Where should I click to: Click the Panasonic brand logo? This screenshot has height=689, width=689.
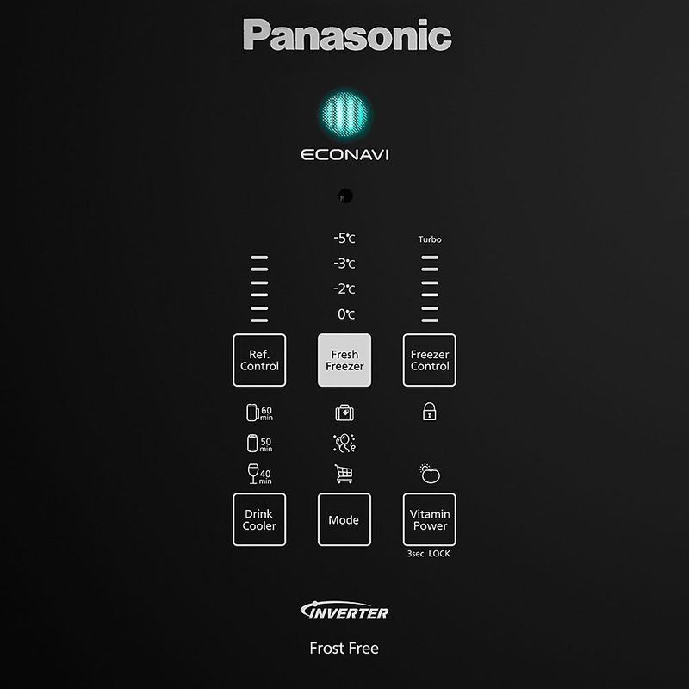tap(347, 35)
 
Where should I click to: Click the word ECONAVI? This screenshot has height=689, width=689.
tap(344, 156)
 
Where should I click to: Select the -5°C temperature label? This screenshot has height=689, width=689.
tap(344, 239)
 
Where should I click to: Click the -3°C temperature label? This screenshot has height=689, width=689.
tap(344, 264)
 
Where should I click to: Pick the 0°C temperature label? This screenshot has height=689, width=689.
tap(345, 314)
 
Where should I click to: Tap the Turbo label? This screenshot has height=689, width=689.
tap(430, 239)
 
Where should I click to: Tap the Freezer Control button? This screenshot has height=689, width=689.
tap(430, 360)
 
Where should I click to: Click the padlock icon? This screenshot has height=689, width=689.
tap(430, 413)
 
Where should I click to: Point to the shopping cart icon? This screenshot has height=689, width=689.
tap(344, 473)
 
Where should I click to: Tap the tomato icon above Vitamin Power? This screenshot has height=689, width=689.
tap(430, 473)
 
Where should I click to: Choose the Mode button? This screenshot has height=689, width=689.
tap(344, 520)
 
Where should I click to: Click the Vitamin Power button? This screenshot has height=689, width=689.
tap(430, 520)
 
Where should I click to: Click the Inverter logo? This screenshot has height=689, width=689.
tap(344, 612)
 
